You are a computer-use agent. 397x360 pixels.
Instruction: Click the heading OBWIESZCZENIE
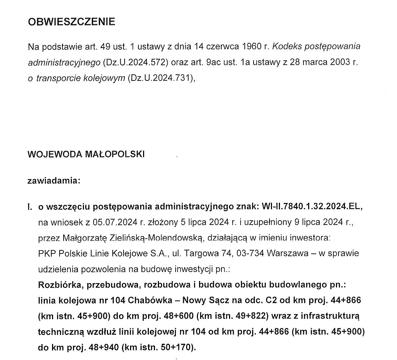(x=72, y=22)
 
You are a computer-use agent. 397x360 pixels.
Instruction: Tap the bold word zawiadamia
(x=53, y=181)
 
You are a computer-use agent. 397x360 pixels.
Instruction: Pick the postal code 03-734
(x=251, y=253)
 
